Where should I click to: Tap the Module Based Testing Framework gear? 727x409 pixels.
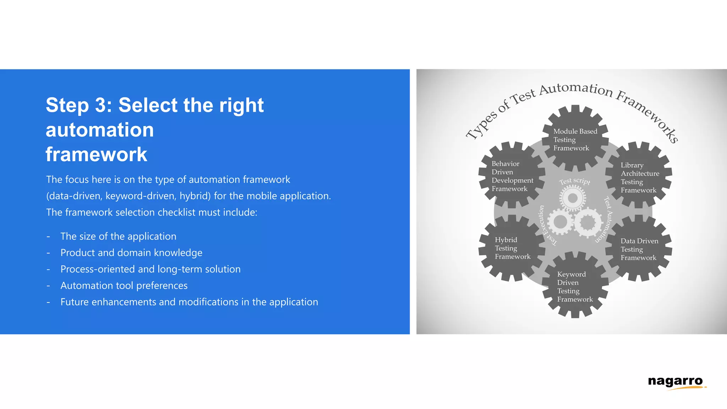tap(575, 139)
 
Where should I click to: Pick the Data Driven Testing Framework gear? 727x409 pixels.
tap(639, 249)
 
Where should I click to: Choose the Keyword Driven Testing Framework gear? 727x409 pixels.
tap(575, 286)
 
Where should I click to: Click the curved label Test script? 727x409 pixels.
tap(575, 181)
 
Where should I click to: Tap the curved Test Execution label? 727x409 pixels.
tap(545, 226)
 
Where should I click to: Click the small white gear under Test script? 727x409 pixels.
tap(573, 198)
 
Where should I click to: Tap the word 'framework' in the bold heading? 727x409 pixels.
tap(96, 154)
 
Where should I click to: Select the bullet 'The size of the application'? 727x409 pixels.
tap(118, 236)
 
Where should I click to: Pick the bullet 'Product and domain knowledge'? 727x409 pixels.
tap(131, 253)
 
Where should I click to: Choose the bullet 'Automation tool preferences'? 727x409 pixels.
tap(124, 285)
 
